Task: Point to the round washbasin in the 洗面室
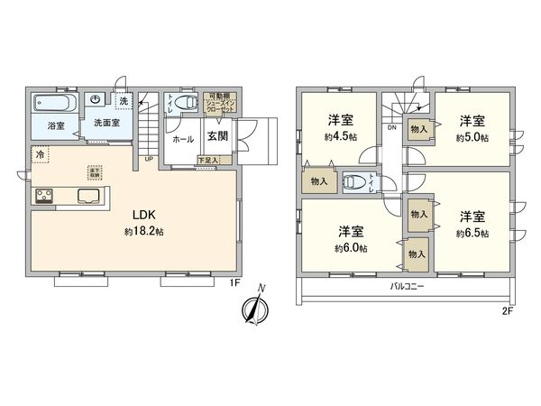95,100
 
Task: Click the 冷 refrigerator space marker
40,154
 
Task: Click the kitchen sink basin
90,196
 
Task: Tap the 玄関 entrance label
216,137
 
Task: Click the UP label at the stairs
148,161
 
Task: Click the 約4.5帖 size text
340,138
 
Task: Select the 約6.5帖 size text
472,233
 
